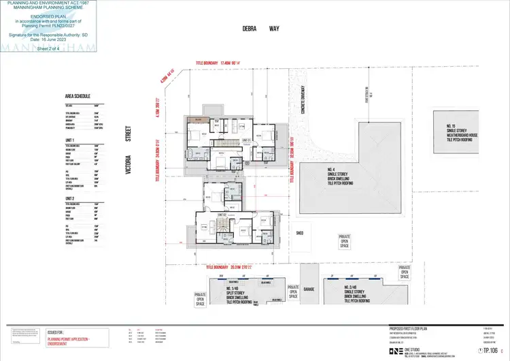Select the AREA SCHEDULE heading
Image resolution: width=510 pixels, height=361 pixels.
click(78, 97)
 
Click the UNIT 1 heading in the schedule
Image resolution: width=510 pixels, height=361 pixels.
click(69, 139)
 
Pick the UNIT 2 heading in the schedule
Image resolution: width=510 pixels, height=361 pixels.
click(69, 198)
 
